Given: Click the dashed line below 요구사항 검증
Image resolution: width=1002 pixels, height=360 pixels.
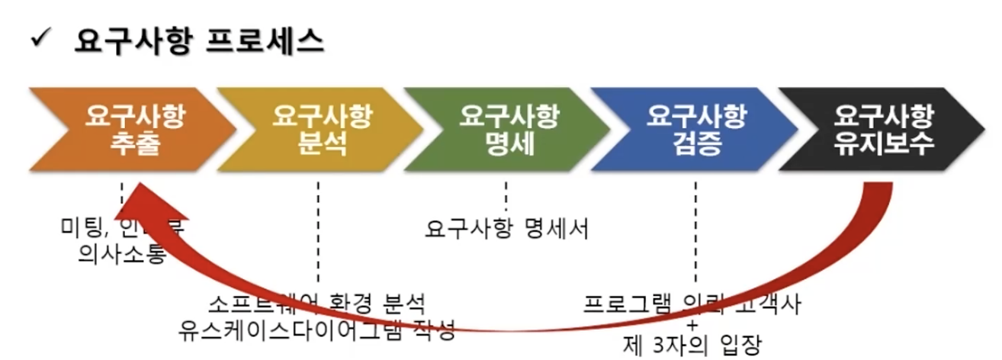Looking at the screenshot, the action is pyautogui.click(x=695, y=229).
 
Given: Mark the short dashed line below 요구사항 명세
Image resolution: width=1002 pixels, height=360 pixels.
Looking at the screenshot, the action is pyautogui.click(x=506, y=194).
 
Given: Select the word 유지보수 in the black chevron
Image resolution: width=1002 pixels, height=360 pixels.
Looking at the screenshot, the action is pyautogui.click(x=884, y=144).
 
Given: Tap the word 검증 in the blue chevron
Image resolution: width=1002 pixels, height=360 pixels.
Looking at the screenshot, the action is pyautogui.click(x=695, y=144).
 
